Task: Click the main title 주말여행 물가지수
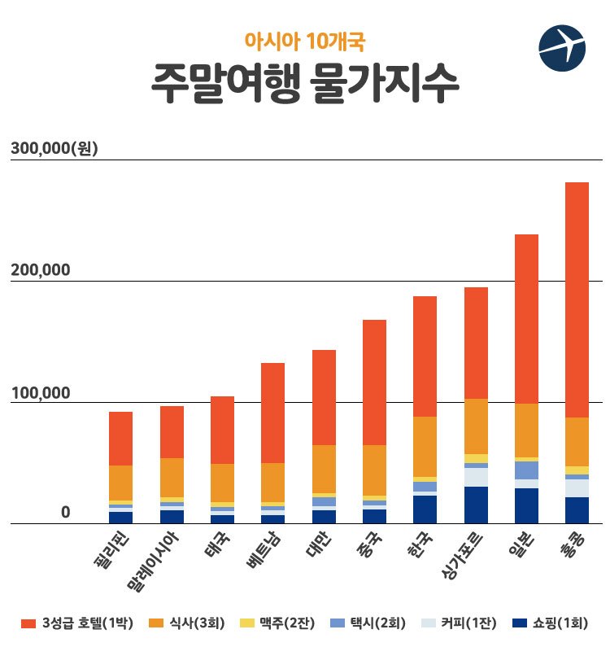305,85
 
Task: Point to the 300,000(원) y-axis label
54,148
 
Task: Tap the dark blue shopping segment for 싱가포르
476,505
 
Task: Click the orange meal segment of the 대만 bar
324,469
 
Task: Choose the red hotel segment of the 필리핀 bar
120,439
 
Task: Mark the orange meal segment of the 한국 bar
425,446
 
